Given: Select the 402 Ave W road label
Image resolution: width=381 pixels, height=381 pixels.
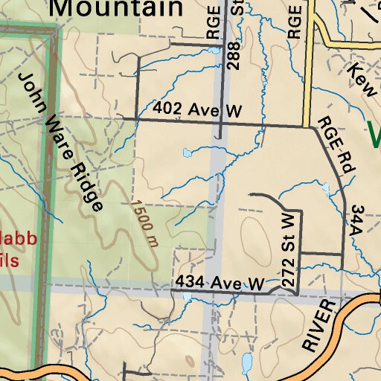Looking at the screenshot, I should [198, 110].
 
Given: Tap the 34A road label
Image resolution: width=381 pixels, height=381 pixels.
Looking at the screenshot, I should [356, 221].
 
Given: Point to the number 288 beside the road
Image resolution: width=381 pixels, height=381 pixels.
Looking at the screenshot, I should [233, 57].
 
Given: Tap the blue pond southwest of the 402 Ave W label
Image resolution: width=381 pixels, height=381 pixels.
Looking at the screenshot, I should [186, 153].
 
